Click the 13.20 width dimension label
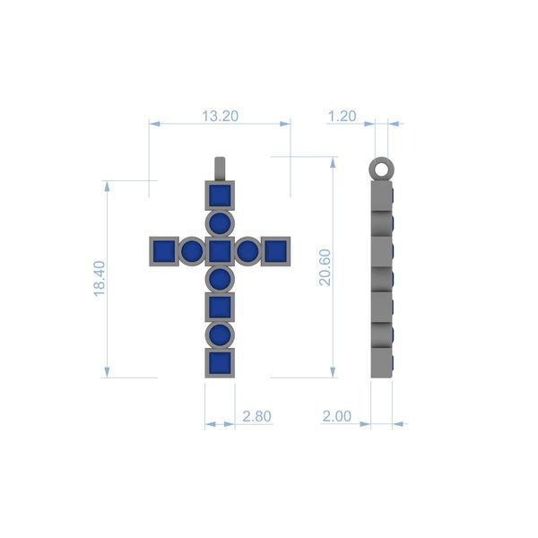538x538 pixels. coord(220,117)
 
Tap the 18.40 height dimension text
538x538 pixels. coord(100,279)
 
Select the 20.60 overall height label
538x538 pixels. coord(325,267)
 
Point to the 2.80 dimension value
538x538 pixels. coord(257,416)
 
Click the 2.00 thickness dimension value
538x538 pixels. coord(337,416)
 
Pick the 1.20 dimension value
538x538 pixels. coord(343,117)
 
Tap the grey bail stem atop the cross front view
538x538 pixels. coord(220,169)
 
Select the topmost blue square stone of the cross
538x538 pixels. coord(220,195)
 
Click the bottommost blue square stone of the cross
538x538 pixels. coord(220,363)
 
